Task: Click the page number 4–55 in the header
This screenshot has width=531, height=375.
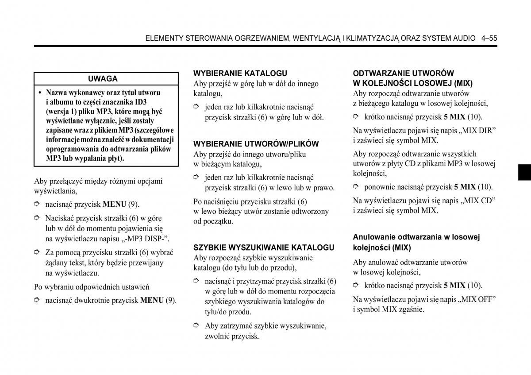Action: [x=489, y=39]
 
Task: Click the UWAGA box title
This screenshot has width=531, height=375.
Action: [x=103, y=79]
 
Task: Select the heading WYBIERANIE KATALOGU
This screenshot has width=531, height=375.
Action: [x=240, y=73]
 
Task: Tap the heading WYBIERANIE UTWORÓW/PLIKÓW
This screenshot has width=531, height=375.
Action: [x=256, y=144]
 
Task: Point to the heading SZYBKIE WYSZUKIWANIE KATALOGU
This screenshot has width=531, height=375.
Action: [x=264, y=247]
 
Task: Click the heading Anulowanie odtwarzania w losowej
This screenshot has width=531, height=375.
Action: [x=416, y=237]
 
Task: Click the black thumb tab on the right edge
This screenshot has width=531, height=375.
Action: [x=524, y=171]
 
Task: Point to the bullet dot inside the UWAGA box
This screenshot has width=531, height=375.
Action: [x=40, y=93]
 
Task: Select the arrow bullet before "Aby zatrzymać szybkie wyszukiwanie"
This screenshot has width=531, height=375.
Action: [x=197, y=326]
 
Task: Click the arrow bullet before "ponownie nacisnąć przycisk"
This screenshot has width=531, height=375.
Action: [x=356, y=187]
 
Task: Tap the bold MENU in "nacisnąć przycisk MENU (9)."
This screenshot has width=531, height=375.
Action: [x=115, y=205]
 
